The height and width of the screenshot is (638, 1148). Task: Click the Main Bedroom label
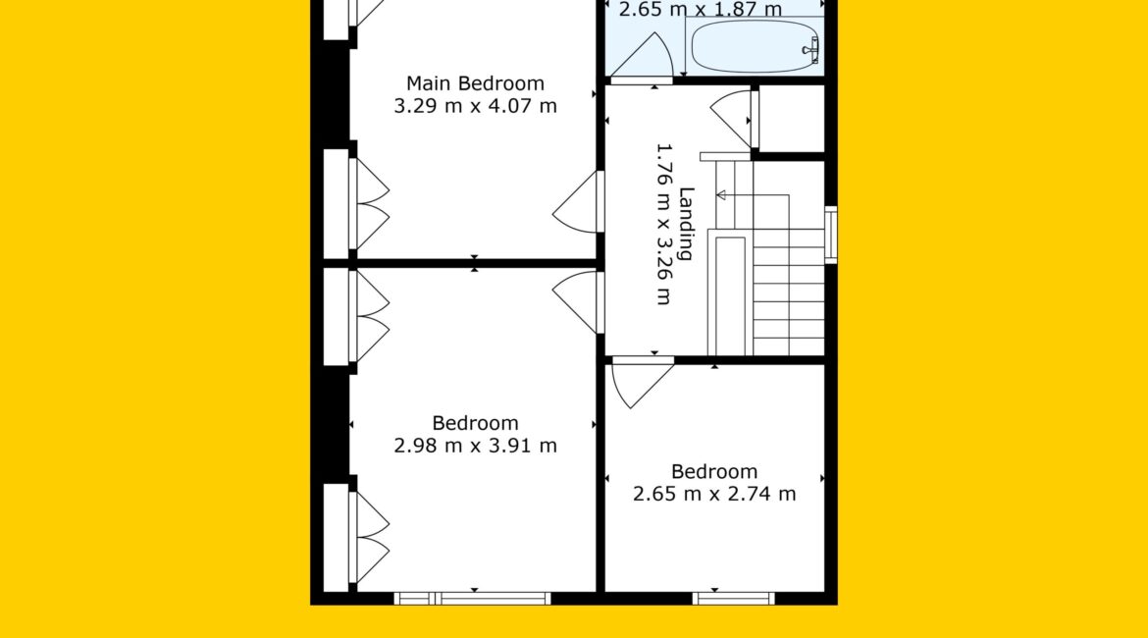pyautogui.click(x=475, y=83)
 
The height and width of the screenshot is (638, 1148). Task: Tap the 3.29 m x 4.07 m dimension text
pyautogui.click(x=475, y=106)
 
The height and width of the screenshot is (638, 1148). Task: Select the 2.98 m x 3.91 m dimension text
pyautogui.click(x=475, y=446)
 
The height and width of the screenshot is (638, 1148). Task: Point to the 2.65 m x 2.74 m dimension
pyautogui.click(x=714, y=494)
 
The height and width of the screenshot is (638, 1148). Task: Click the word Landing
pyautogui.click(x=686, y=224)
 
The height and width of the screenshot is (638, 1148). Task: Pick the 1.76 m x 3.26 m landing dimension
pyautogui.click(x=663, y=224)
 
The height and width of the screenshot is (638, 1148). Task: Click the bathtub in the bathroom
pyautogui.click(x=755, y=46)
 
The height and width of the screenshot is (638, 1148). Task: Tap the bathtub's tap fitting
pyautogui.click(x=811, y=50)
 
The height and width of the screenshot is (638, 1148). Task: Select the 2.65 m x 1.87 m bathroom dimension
pyautogui.click(x=700, y=10)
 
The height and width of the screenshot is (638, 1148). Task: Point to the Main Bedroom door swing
pyautogui.click(x=575, y=202)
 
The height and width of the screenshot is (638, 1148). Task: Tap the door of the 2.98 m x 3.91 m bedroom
pyautogui.click(x=575, y=301)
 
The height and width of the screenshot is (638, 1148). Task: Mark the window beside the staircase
pyautogui.click(x=831, y=236)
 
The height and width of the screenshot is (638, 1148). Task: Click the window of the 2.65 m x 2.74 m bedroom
pyautogui.click(x=733, y=599)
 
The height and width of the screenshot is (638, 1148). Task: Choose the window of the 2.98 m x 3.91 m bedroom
pyautogui.click(x=472, y=599)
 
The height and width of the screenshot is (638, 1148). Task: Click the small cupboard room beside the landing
pyautogui.click(x=792, y=119)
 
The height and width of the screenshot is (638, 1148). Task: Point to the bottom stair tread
pyautogui.click(x=789, y=347)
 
